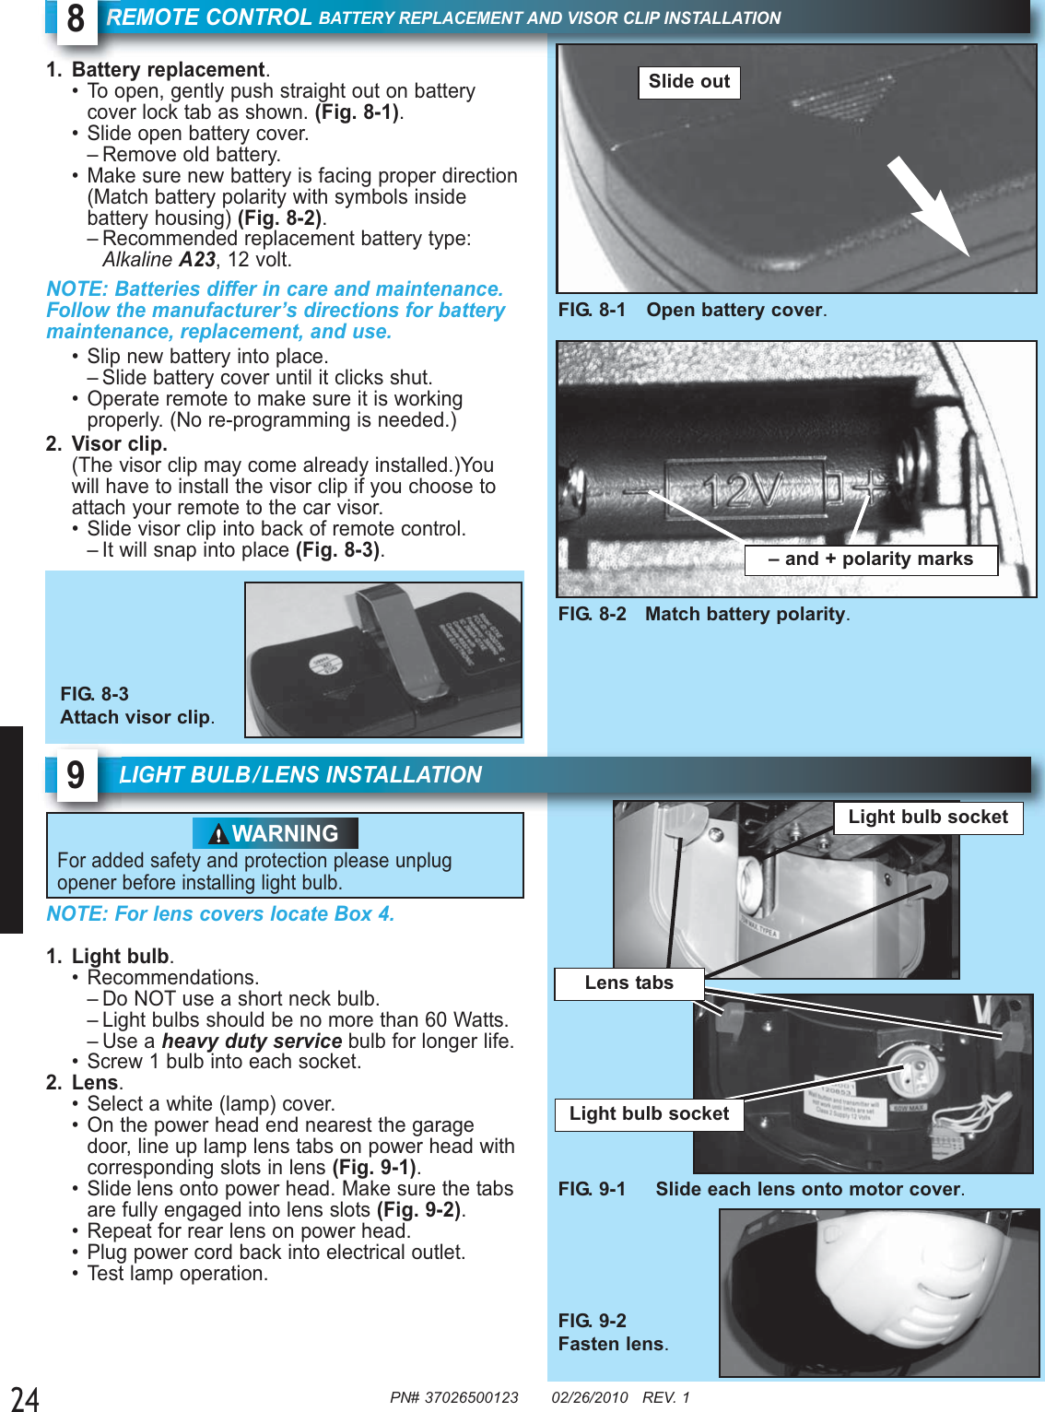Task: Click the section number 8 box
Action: tap(76, 19)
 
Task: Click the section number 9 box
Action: tap(76, 776)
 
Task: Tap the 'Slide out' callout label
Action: tap(688, 82)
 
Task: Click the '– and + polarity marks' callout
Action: tap(870, 559)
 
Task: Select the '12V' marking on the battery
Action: tap(743, 489)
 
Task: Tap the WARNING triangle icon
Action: tap(218, 834)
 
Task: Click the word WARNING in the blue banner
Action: tap(285, 834)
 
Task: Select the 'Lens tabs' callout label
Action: tap(628, 983)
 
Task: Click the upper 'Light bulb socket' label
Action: tap(928, 818)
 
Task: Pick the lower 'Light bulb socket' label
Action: tap(649, 1114)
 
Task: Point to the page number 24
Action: tap(25, 1398)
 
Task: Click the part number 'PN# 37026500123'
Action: tap(453, 1397)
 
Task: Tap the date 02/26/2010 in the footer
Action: tap(590, 1397)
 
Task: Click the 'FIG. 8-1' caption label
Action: tap(592, 311)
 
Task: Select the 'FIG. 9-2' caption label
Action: tap(592, 1321)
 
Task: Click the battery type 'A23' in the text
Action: tap(197, 260)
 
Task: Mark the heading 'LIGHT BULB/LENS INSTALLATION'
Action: tap(300, 775)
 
